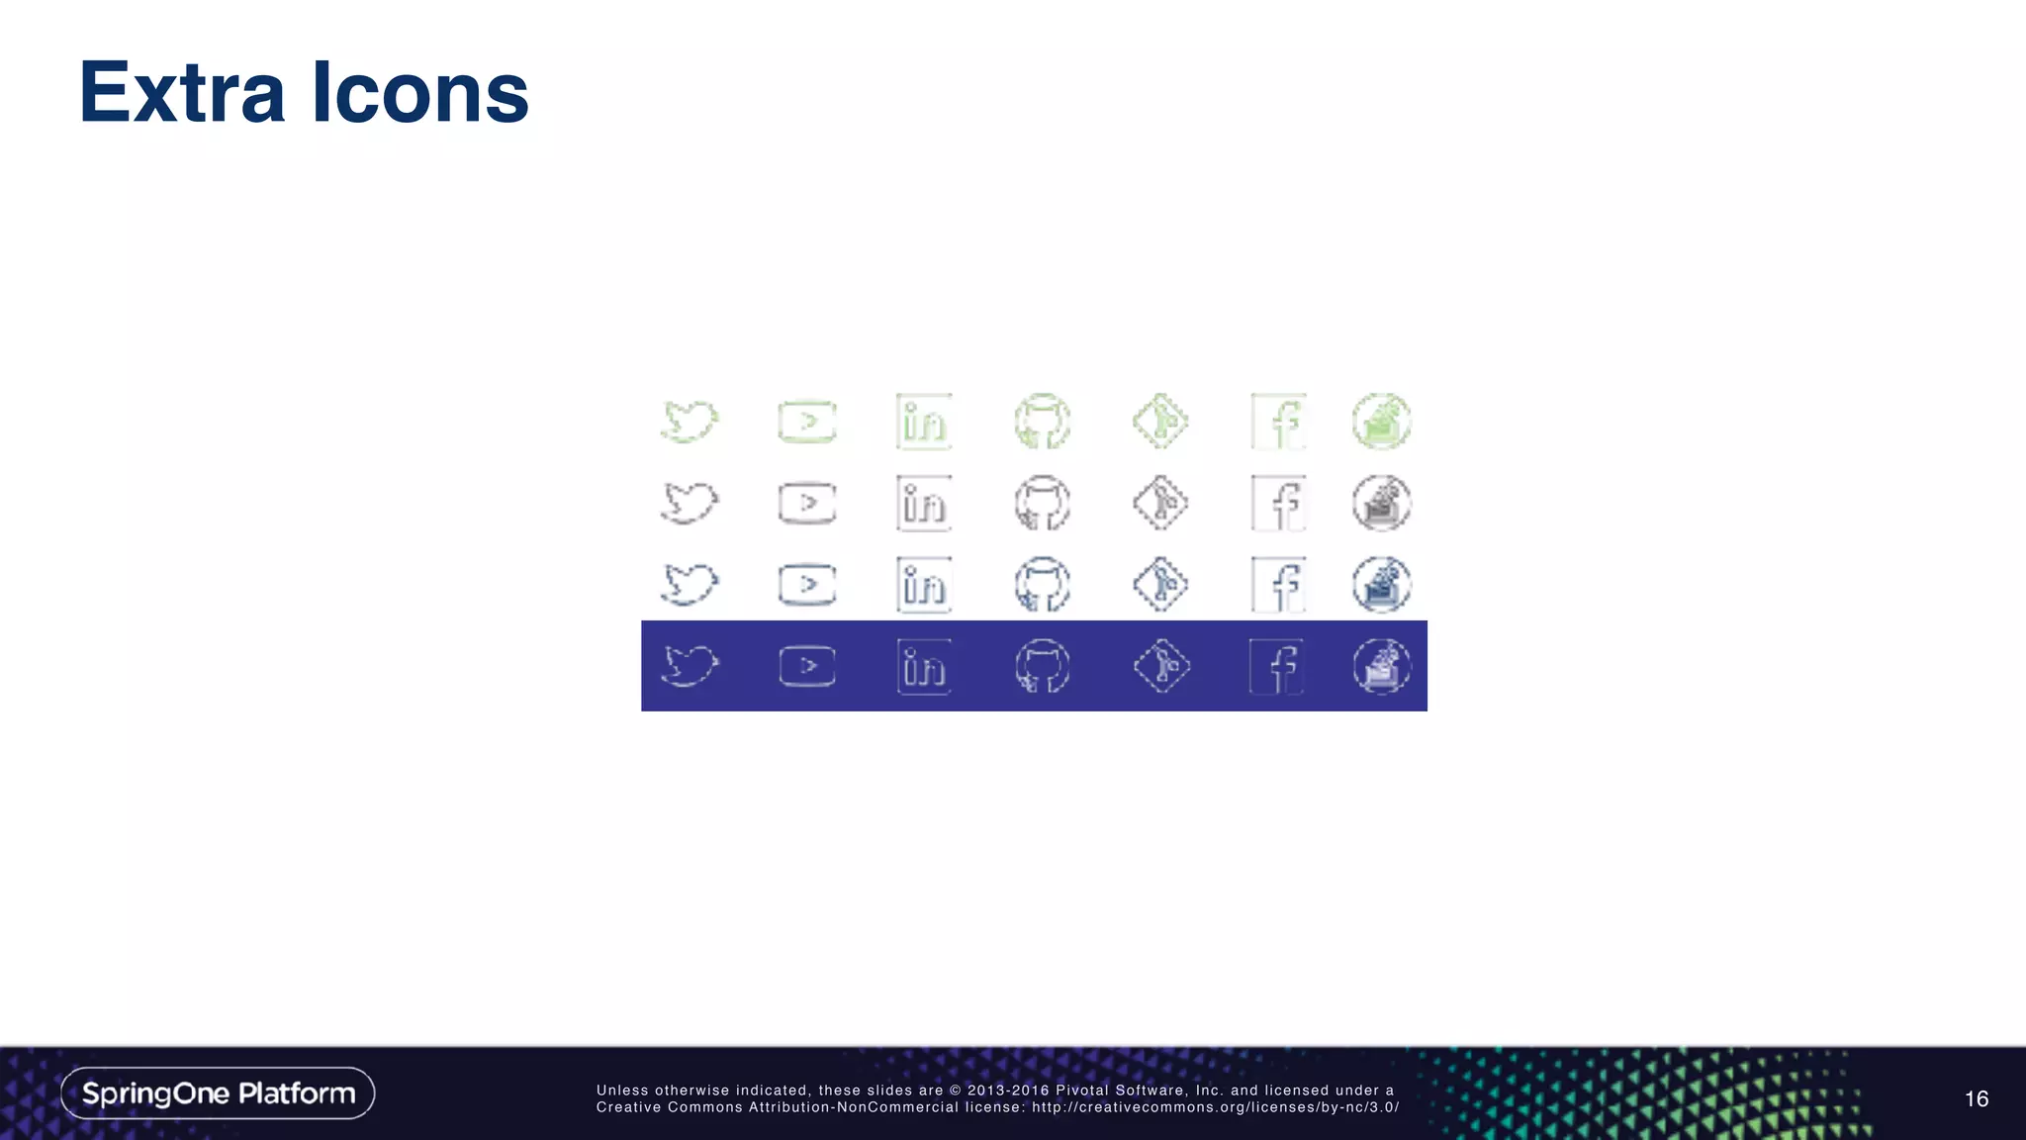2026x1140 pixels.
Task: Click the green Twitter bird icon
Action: [690, 422]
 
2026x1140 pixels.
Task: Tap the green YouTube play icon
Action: [807, 422]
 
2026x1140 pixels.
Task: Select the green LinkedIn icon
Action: [924, 422]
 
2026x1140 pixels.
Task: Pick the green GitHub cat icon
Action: [1043, 422]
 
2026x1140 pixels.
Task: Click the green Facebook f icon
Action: [1278, 422]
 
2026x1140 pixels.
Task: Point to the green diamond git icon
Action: [1160, 422]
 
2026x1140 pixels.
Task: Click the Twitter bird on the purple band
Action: [690, 666]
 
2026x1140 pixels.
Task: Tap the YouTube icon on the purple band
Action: [807, 666]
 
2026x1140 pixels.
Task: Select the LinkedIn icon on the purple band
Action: [924, 666]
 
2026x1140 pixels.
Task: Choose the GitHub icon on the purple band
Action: [1043, 666]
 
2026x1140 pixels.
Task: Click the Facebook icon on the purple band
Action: [1277, 666]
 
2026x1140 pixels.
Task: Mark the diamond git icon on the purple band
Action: [1160, 666]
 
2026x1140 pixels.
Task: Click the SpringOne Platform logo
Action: [218, 1093]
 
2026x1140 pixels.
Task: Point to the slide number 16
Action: [1976, 1098]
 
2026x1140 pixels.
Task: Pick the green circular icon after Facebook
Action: [1382, 422]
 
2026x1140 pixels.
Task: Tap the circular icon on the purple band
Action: [1382, 666]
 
